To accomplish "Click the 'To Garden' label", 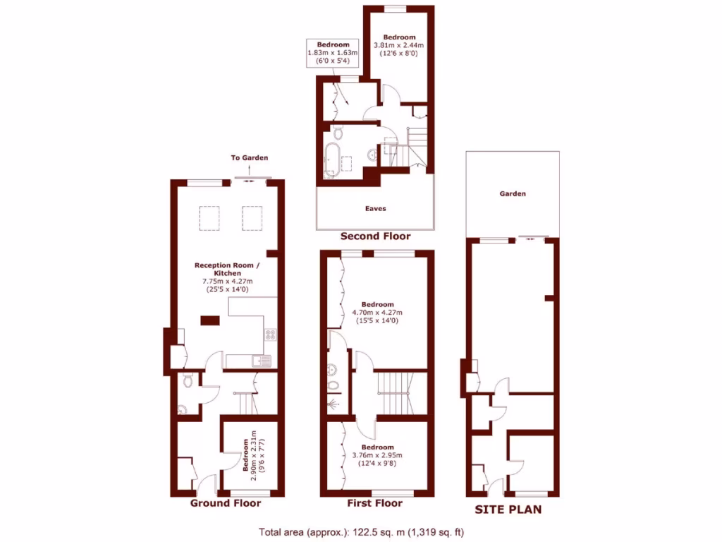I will point(250,158).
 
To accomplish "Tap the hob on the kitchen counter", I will point(270,335).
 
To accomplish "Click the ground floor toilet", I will point(188,381).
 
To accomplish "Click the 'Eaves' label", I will point(375,209).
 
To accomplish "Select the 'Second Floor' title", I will point(375,236).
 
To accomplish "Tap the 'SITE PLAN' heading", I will point(508,509).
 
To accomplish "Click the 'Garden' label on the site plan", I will point(513,193).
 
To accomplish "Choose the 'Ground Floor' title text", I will point(226,503).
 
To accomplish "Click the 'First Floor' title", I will point(374,503).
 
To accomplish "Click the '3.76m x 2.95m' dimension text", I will point(377,455).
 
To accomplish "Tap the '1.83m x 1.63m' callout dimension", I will point(333,53).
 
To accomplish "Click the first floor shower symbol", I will point(334,404).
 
